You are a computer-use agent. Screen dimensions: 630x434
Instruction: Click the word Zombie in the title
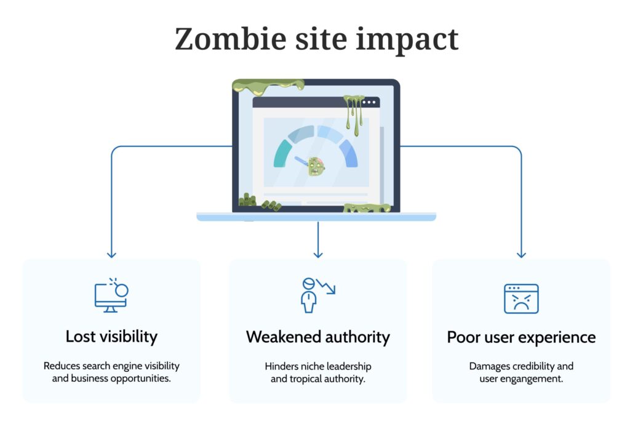pos(231,39)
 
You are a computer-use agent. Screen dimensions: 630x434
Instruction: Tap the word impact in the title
pos(407,40)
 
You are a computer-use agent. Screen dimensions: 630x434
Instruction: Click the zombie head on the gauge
pos(316,166)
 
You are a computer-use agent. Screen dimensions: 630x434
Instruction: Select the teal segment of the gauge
pos(282,153)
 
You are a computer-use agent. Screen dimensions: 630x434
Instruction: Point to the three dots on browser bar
pos(369,102)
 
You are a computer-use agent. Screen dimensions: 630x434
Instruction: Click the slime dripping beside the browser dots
pos(353,114)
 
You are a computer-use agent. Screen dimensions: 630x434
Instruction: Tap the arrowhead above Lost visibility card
pos(112,255)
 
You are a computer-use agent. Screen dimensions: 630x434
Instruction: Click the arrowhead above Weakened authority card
pos(318,255)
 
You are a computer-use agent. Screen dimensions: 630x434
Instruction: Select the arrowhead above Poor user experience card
pos(521,255)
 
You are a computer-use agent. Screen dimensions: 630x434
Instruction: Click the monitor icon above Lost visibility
pos(111,295)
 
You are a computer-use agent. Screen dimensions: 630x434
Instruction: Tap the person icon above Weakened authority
pos(309,295)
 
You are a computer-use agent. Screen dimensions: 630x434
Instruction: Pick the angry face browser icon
pos(521,299)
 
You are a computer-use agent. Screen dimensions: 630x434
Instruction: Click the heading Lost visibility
pos(112,337)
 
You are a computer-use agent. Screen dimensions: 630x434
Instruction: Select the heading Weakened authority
pos(318,337)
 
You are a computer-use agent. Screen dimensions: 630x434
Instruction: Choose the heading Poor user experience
pos(521,337)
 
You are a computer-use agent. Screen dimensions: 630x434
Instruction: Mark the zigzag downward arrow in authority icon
pos(326,286)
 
